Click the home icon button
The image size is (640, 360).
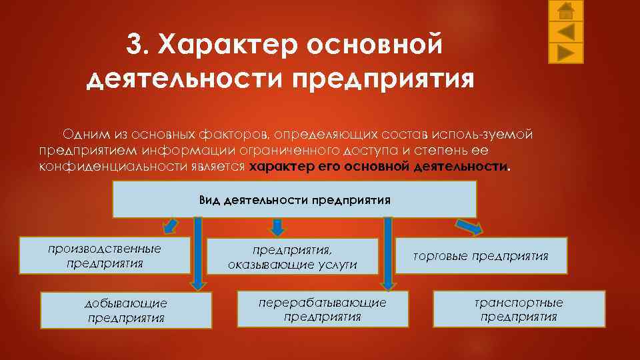(565, 11)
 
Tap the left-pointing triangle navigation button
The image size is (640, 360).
(565, 31)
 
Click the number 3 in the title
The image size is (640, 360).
(135, 46)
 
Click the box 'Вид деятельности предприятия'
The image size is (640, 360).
(294, 199)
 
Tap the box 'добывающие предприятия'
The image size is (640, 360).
(126, 310)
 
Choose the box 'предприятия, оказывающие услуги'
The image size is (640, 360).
(293, 257)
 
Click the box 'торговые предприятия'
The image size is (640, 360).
(481, 255)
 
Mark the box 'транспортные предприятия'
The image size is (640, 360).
(519, 309)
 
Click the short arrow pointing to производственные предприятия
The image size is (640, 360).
(170, 225)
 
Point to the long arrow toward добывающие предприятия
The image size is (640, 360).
(198, 253)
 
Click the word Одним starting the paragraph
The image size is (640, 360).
(81, 134)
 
